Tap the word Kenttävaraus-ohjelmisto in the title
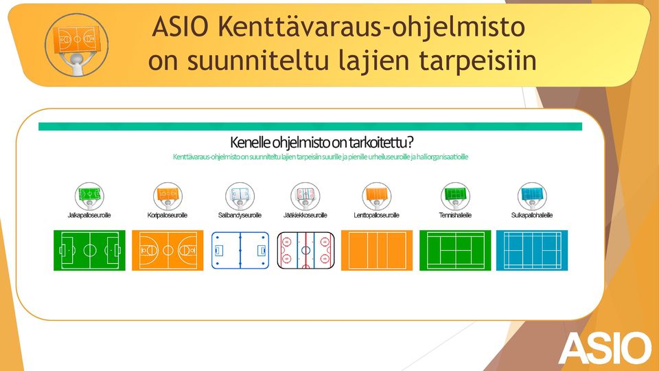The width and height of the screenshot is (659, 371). click(x=372, y=27)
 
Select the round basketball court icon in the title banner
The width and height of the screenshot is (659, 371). click(x=76, y=45)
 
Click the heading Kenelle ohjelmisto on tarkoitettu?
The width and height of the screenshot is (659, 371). click(x=321, y=143)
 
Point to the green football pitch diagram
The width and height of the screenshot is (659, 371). click(x=89, y=250)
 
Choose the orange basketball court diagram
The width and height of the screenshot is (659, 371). click(x=167, y=250)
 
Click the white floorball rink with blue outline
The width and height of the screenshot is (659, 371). click(x=240, y=250)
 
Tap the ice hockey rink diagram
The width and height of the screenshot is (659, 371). click(x=305, y=250)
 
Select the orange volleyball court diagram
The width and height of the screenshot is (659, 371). click(x=377, y=250)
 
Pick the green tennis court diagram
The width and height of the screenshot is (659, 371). click(x=455, y=250)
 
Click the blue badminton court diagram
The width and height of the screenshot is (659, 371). click(x=532, y=250)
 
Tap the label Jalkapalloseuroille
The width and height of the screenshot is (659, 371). click(x=89, y=215)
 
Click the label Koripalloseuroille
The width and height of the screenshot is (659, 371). click(x=167, y=215)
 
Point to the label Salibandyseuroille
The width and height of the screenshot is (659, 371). click(x=240, y=215)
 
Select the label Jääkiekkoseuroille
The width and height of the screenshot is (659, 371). click(x=305, y=215)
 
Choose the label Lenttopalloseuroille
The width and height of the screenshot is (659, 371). click(x=377, y=215)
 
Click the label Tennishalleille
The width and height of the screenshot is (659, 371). click(x=455, y=215)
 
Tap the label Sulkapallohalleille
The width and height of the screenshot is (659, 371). click(x=531, y=215)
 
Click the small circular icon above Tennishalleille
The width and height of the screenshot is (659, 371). click(x=455, y=196)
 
